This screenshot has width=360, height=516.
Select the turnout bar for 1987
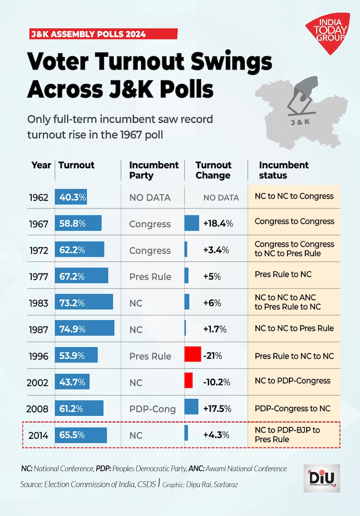(84, 329)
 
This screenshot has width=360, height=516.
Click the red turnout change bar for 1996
(192, 355)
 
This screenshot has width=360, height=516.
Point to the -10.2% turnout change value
(216, 382)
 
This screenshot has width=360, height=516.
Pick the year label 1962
(38, 197)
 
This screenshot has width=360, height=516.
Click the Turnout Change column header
(213, 170)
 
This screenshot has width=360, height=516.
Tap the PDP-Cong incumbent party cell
(153, 409)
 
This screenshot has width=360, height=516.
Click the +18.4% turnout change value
(218, 223)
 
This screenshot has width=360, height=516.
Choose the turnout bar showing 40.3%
(71, 197)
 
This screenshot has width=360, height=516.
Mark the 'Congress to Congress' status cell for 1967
(294, 222)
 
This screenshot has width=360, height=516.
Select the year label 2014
(38, 435)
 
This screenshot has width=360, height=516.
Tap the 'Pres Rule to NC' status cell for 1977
(283, 274)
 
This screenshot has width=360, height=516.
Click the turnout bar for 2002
(72, 382)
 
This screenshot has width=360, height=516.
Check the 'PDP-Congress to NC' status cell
(293, 409)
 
